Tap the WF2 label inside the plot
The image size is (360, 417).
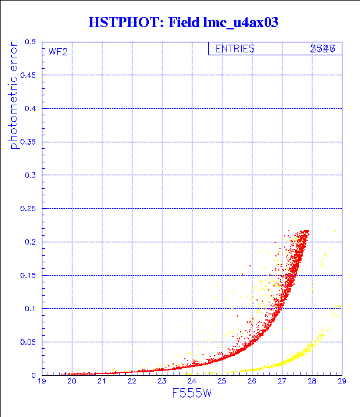(x=58, y=52)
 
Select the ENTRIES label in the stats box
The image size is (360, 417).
(x=235, y=49)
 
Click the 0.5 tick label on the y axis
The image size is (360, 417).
(x=30, y=42)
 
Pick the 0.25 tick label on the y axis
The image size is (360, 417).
(x=28, y=208)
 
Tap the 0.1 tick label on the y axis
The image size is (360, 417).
(x=30, y=308)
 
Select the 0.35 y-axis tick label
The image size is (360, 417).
(x=28, y=142)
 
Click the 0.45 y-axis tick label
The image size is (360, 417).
(x=28, y=75)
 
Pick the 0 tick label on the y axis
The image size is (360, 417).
(x=34, y=375)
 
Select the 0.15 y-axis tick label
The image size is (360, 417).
(x=28, y=275)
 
